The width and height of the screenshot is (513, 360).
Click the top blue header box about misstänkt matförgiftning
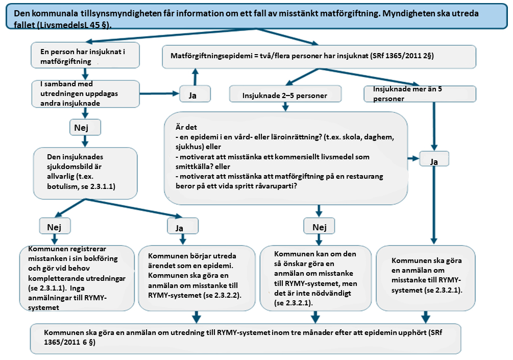[255, 17]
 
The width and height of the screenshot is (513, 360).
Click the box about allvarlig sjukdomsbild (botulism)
[85, 173]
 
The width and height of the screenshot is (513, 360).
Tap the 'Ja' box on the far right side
[434, 160]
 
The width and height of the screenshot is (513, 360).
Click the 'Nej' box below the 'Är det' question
[319, 226]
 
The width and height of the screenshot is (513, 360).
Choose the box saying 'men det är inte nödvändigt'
[315, 278]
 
